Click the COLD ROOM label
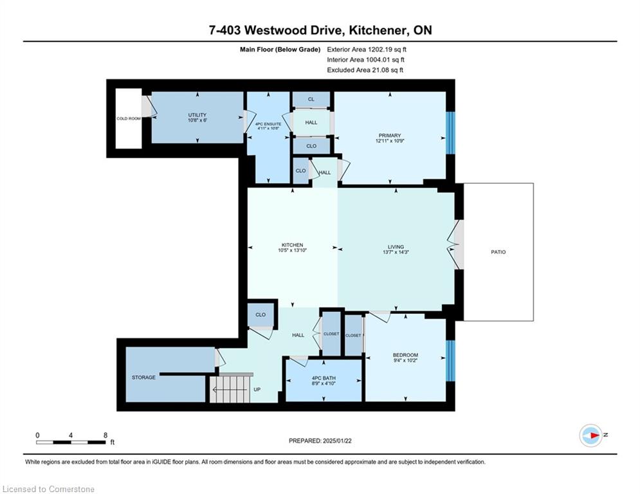[x=129, y=118]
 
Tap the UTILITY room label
[x=197, y=115]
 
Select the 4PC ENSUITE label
[x=268, y=123]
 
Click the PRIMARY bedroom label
[x=390, y=136]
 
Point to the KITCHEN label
[x=292, y=245]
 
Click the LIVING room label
[x=396, y=246]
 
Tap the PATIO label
[x=498, y=252]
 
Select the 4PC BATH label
[x=324, y=378]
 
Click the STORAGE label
[x=143, y=377]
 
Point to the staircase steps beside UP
[x=229, y=389]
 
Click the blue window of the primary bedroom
[x=450, y=133]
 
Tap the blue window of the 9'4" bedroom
[x=450, y=360]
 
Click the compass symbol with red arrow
[x=590, y=435]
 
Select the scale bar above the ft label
[x=71, y=442]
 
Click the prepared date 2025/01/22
[x=337, y=441]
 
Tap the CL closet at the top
[x=311, y=99]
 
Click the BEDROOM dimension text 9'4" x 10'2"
[x=405, y=360]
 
